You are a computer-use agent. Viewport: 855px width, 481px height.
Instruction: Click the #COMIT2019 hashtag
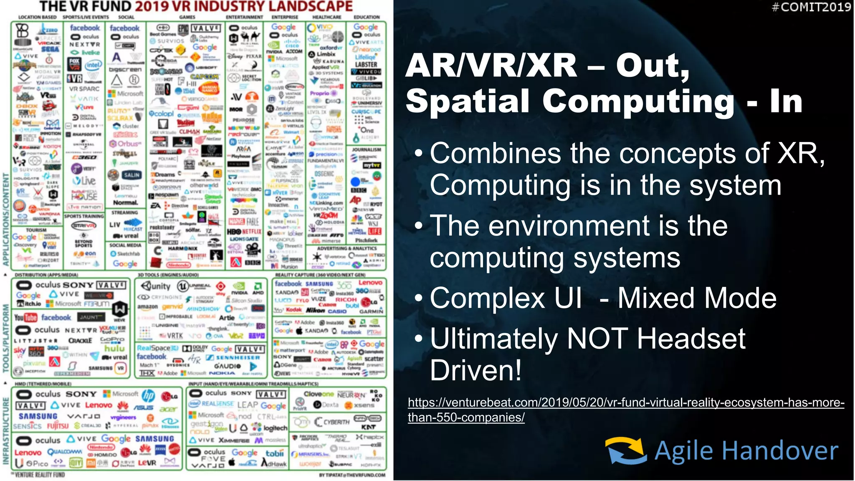pyautogui.click(x=811, y=7)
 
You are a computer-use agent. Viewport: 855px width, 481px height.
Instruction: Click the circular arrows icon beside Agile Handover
pyautogui.click(x=625, y=451)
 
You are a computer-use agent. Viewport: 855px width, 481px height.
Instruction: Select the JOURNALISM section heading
pyautogui.click(x=366, y=149)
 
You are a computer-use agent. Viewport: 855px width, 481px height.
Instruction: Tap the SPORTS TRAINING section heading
pyautogui.click(x=84, y=216)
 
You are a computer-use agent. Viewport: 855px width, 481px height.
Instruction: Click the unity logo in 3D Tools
pyautogui.click(x=156, y=286)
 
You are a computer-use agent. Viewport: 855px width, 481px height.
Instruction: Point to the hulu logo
pyautogui.click(x=114, y=348)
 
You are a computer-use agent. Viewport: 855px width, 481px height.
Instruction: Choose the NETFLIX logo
pyautogui.click(x=252, y=231)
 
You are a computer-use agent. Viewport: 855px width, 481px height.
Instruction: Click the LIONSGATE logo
pyautogui.click(x=244, y=239)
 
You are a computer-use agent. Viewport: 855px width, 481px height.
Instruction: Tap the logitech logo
pyautogui.click(x=275, y=428)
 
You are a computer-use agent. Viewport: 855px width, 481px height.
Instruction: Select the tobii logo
pyautogui.click(x=274, y=453)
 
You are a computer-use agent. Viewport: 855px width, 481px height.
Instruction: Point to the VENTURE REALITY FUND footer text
pyautogui.click(x=39, y=475)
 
